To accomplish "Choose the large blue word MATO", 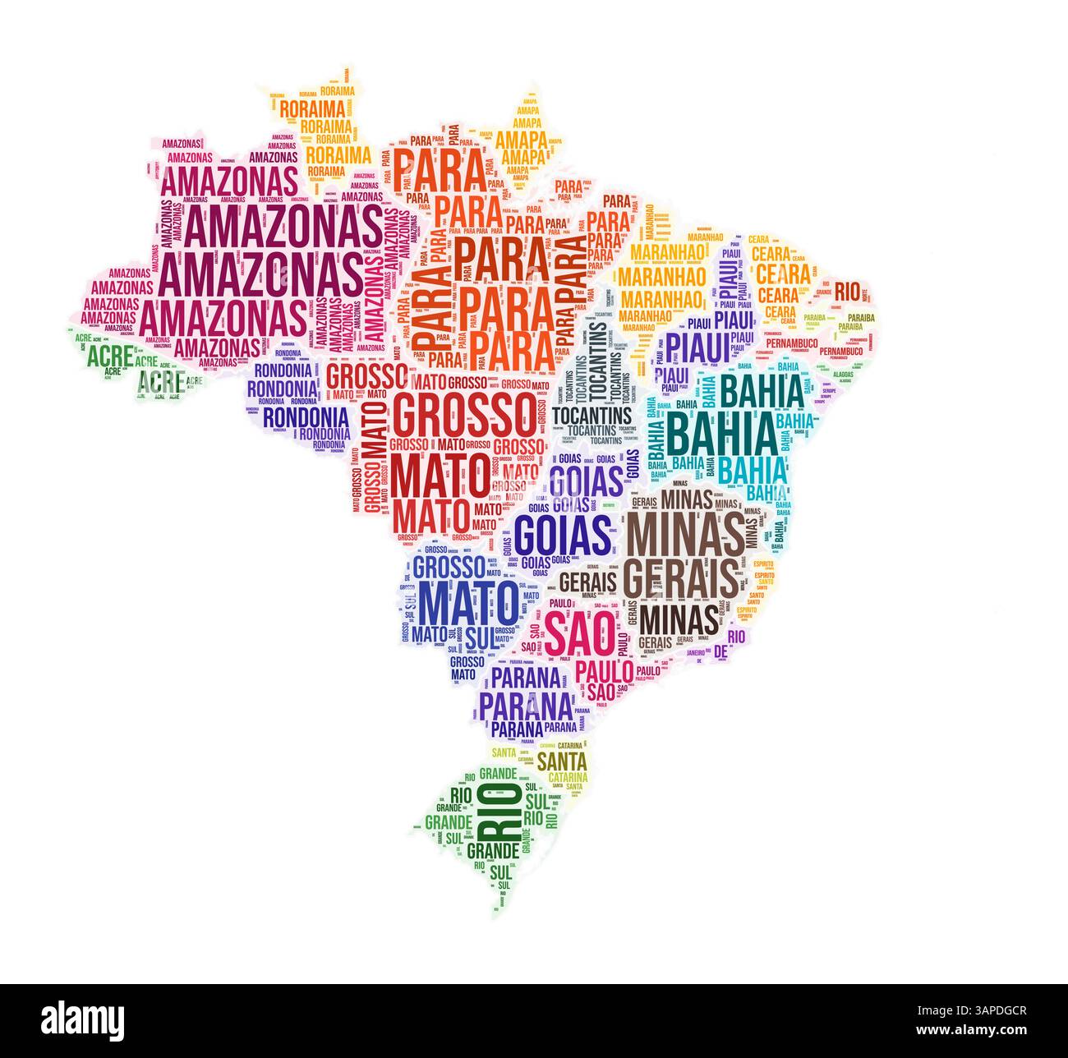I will coord(469,604).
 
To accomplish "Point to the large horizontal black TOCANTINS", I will coord(592,414).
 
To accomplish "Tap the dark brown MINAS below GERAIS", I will coord(679,618).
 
